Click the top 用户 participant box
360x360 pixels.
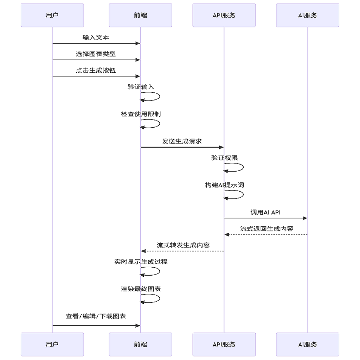[52, 15]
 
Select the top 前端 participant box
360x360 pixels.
[140, 15]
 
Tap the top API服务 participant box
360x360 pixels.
[224, 15]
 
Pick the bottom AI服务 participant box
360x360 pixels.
[308, 344]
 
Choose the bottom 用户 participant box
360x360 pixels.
[52, 344]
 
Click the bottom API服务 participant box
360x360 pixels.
[224, 344]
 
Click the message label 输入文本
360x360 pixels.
[96, 37]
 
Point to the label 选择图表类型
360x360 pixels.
[96, 54]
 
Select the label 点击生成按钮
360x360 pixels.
[96, 70]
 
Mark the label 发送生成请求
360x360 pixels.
[182, 141]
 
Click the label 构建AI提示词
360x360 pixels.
[224, 185]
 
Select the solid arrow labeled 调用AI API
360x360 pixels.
[265, 218]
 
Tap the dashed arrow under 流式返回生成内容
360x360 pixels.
[265, 234]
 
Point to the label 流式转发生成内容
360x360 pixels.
[183, 245]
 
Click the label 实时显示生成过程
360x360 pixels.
[141, 262]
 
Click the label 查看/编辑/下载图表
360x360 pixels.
[96, 316]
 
